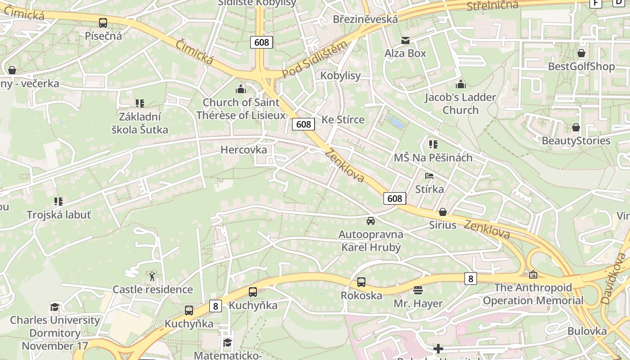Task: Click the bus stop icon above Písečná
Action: point(103,22)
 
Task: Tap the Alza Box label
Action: point(405,53)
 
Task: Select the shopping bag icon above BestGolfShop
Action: point(581,53)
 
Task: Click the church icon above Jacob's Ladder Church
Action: point(460,84)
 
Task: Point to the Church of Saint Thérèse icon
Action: point(241,89)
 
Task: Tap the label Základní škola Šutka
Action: point(140,123)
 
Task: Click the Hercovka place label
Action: point(243,150)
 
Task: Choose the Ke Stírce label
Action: point(343,120)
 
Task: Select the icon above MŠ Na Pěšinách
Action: point(433,144)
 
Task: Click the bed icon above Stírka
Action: point(429,176)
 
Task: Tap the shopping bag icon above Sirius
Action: point(443,212)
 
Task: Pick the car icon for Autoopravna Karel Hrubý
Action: point(370,221)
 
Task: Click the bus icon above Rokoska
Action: point(361,282)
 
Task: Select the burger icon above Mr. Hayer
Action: point(418,290)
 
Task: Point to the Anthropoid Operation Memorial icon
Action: point(533,274)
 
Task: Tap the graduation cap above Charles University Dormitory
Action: point(55,307)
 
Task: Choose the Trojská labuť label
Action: point(59,215)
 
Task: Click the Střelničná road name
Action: point(492,6)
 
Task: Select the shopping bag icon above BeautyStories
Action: point(576,127)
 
